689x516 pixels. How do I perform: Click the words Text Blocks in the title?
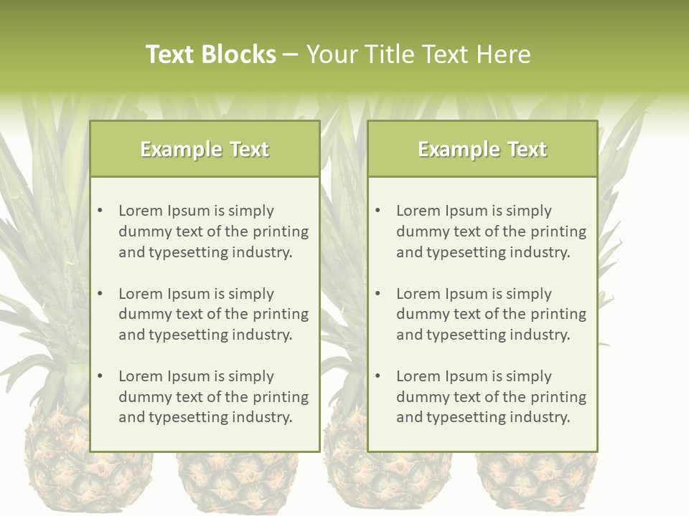click(210, 54)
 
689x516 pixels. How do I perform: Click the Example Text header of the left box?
click(205, 149)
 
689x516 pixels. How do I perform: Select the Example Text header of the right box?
click(482, 149)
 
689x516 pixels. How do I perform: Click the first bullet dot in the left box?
click(100, 211)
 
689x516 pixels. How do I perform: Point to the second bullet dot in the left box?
click(100, 294)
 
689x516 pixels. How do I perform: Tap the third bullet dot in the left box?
click(100, 376)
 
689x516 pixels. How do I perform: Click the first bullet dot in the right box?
click(378, 211)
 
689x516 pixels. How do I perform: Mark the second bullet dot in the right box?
click(378, 294)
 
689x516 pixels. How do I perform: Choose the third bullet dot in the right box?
click(378, 376)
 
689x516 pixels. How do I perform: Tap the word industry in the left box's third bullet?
click(263, 417)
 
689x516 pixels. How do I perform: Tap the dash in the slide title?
click(291, 54)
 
